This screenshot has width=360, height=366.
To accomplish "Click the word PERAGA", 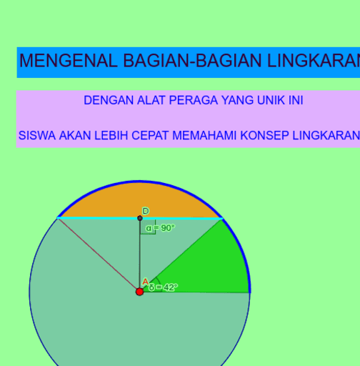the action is tap(194, 100).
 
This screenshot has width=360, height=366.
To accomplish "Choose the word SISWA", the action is tap(37, 135).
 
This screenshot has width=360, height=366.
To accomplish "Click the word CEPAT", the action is tap(150, 135).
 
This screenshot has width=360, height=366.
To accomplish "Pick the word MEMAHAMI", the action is tap(204, 135).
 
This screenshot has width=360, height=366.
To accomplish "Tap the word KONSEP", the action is tap(264, 135).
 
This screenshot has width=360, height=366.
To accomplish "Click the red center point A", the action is tap(139, 292).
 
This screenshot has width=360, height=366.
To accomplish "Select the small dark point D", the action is tap(140, 218).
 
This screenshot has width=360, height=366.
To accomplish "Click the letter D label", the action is tap(146, 211).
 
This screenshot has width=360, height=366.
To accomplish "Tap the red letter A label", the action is tap(145, 282).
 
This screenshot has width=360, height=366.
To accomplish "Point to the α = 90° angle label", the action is tap(160, 228).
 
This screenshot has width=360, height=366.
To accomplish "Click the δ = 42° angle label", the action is tap(164, 287).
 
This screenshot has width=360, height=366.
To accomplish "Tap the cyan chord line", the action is tap(140, 218).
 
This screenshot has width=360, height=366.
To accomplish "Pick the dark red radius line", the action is tap(99, 254).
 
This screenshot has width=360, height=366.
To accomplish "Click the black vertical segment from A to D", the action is tap(139, 254).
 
